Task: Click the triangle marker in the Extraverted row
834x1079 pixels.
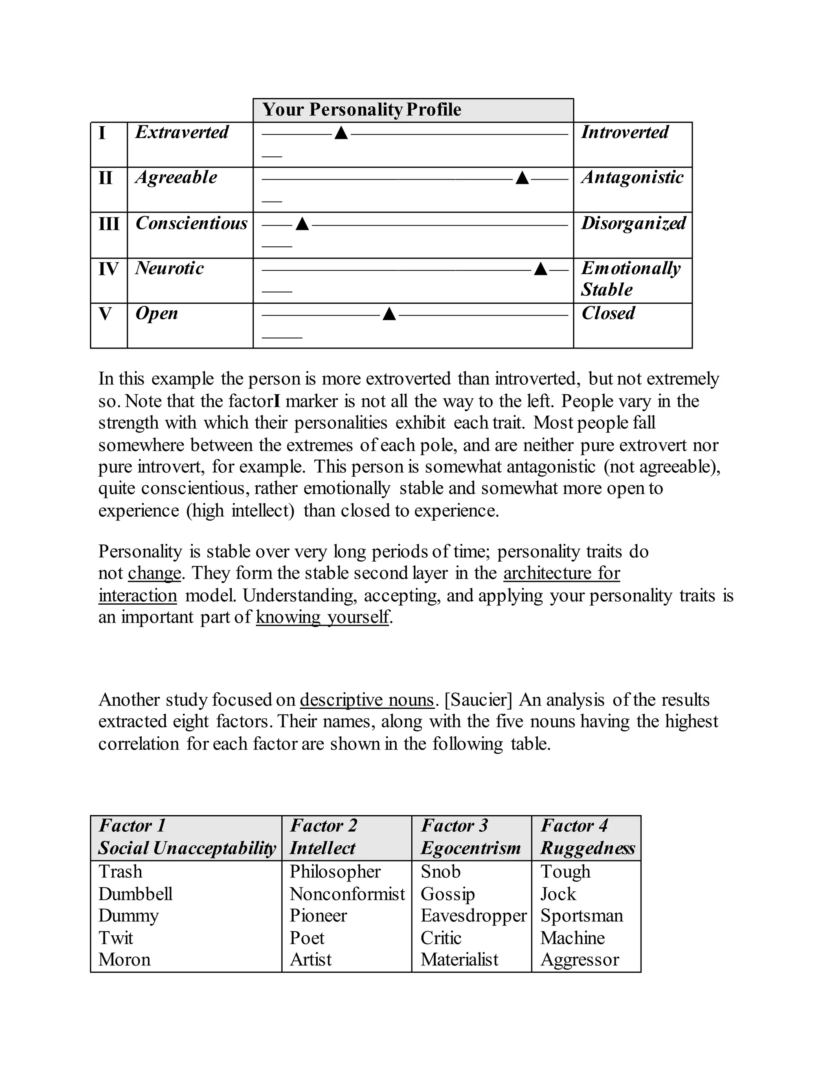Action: (341, 134)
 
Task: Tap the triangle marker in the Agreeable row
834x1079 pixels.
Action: (522, 178)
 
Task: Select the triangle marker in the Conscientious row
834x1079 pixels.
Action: (302, 224)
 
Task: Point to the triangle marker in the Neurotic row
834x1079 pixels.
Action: (541, 269)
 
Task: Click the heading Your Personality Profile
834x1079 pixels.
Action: (362, 110)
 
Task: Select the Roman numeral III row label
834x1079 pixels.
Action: (109, 224)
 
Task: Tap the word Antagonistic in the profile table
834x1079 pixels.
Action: (632, 178)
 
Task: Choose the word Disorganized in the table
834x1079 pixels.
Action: (633, 223)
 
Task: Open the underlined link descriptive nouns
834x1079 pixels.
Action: (367, 700)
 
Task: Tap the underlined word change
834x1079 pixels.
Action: (154, 573)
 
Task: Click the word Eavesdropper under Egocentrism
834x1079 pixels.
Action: (473, 915)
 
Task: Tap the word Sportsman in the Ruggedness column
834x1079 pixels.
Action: (581, 915)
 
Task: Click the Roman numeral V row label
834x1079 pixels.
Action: (105, 314)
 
